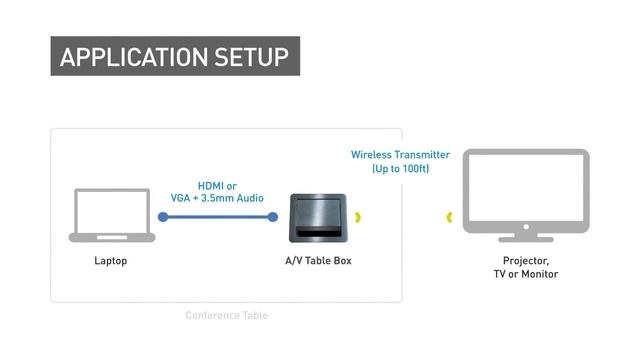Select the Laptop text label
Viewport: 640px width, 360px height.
tap(110, 261)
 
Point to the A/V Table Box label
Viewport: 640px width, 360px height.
tap(319, 261)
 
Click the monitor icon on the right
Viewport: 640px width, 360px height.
tap(525, 190)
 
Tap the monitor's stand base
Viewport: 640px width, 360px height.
tap(525, 238)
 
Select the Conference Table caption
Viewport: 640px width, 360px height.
tap(226, 316)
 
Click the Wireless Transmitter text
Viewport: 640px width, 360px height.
tap(400, 155)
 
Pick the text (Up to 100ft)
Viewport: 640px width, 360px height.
tap(400, 169)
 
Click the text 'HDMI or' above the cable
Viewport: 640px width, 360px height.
tap(217, 185)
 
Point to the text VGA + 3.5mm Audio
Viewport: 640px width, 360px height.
tap(217, 198)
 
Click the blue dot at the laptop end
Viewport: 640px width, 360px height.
tap(160, 217)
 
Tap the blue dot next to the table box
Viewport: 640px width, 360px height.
tap(273, 217)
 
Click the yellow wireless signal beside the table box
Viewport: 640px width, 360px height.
tap(359, 217)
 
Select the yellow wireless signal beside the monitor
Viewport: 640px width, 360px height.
tap(451, 217)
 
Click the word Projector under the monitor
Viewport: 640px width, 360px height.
tap(525, 261)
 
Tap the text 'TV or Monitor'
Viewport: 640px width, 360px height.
tap(525, 274)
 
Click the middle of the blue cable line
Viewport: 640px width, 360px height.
tap(217, 217)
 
